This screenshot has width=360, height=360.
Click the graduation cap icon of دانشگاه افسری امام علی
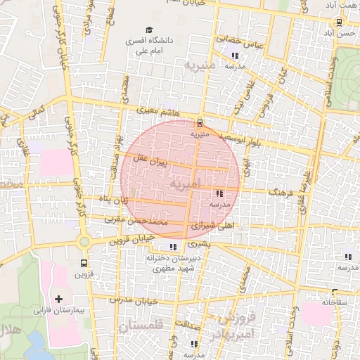coord(148,30)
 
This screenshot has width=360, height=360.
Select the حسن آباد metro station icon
coord(340,22)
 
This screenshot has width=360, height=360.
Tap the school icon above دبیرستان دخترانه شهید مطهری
coord(173,247)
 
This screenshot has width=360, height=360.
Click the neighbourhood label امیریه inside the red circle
coord(185,183)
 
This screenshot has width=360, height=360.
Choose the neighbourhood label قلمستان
coord(141,326)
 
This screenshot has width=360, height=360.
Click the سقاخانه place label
coord(336,302)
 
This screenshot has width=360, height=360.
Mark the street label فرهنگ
coord(283,190)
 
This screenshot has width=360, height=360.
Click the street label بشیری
coord(201,244)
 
